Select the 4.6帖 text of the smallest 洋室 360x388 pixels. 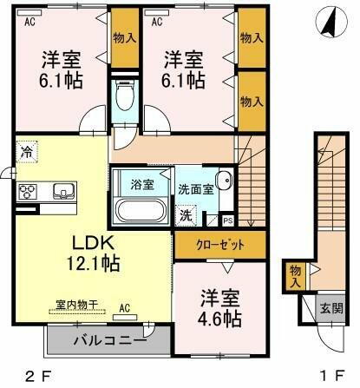click(219, 319)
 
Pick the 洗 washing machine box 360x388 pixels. click(187, 214)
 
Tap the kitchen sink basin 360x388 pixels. click(62, 191)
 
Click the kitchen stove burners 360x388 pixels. click(27, 191)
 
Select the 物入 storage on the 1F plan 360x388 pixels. click(295, 276)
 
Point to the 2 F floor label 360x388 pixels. click(35, 376)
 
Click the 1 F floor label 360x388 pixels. click(329, 376)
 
